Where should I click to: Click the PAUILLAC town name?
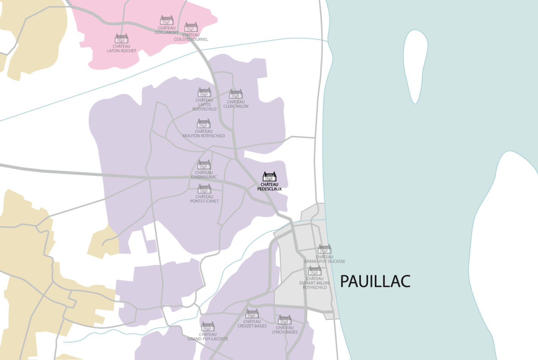(375, 281)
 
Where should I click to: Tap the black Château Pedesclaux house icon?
(270, 177)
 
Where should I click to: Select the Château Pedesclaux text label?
(270, 187)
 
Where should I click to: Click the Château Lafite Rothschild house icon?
(204, 92)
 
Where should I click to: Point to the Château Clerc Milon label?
(236, 104)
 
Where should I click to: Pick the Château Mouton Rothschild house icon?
(204, 124)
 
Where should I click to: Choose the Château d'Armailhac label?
(204, 175)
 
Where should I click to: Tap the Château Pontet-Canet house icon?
(204, 189)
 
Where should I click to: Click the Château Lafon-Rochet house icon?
(122, 39)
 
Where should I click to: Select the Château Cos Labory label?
(167, 30)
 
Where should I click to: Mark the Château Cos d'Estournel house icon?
(191, 27)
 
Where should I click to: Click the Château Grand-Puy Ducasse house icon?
(324, 249)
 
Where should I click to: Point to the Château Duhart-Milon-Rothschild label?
(315, 283)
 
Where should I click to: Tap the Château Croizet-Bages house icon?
(252, 314)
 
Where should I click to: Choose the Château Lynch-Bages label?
(285, 330)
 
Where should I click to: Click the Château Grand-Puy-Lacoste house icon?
(208, 326)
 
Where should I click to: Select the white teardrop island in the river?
(415, 64)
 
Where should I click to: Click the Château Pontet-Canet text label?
(204, 199)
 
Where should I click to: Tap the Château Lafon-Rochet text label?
(122, 49)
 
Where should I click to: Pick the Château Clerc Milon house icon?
(236, 94)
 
